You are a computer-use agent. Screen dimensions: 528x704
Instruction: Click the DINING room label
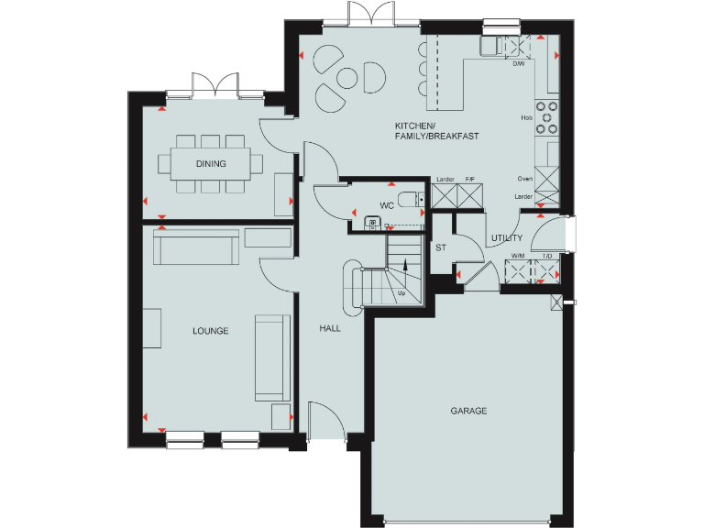211,164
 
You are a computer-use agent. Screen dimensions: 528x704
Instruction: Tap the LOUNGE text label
210,330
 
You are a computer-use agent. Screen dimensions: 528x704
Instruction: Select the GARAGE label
468,411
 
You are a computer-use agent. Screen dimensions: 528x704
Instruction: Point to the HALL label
330,327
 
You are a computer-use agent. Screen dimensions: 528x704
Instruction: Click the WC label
387,205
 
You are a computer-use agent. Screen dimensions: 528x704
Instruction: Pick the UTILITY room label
507,238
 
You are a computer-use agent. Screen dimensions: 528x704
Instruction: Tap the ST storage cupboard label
440,247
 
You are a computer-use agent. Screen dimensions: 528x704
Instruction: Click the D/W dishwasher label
519,64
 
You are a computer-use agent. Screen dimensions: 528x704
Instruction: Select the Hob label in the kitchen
527,117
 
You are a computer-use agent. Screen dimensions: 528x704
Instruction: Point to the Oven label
525,179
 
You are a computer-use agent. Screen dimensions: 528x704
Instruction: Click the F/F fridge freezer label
470,179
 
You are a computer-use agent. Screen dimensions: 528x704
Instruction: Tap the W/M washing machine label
517,256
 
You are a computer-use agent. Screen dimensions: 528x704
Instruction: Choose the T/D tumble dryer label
547,256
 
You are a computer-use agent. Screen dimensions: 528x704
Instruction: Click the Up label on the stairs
401,293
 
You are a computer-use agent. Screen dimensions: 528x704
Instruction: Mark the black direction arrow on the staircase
406,263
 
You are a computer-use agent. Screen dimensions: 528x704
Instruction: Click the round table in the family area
348,79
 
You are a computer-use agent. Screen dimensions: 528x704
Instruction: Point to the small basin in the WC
372,221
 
